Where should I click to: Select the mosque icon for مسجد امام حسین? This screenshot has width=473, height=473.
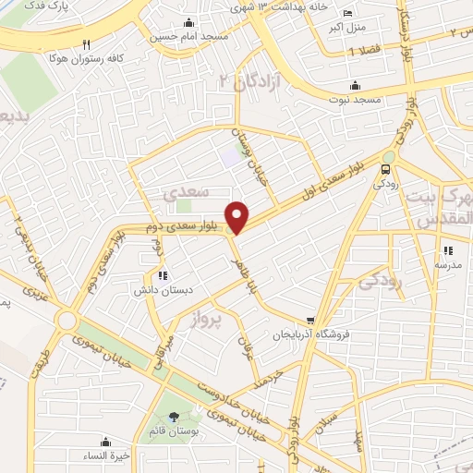[x=189, y=22]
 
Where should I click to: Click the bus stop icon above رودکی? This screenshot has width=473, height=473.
[x=386, y=168]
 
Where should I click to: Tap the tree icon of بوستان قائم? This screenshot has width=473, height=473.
[x=175, y=417]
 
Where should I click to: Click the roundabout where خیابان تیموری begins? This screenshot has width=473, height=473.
[x=67, y=321]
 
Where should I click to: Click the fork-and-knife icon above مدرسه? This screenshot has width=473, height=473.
[x=448, y=249]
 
